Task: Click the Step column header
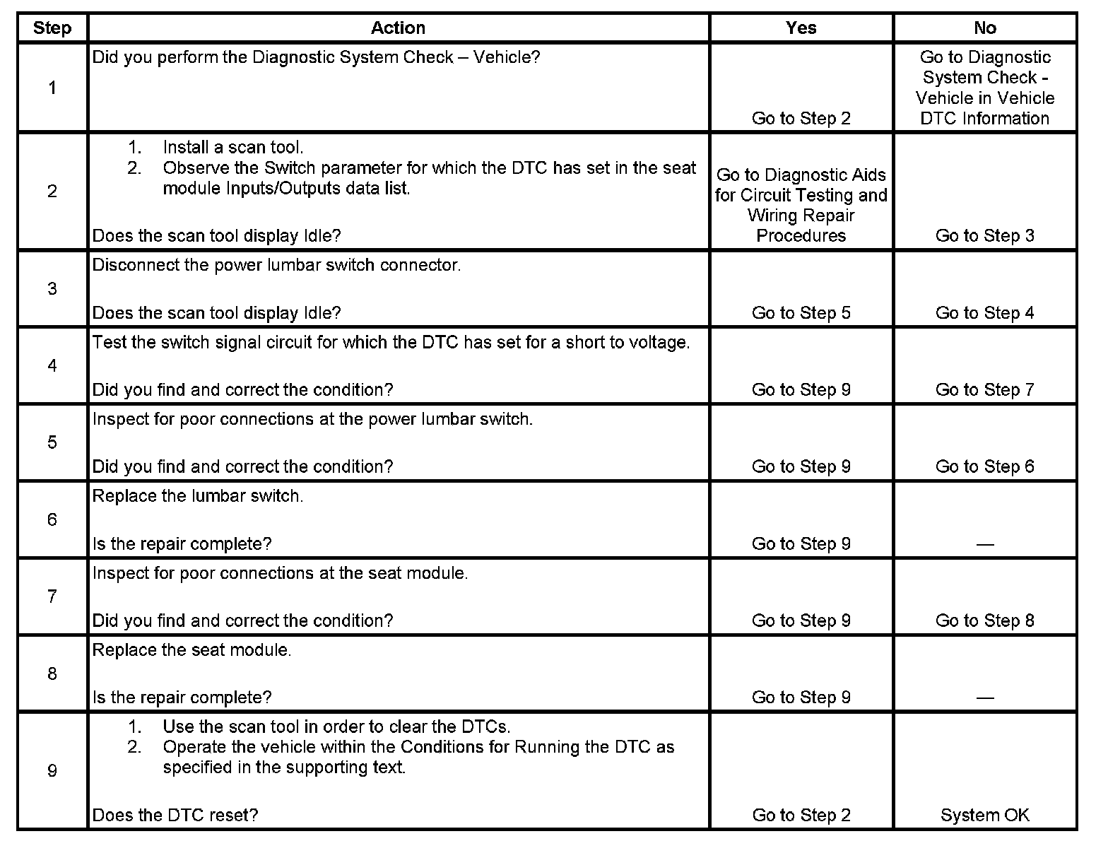(52, 28)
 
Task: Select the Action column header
(398, 28)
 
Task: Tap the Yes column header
(801, 28)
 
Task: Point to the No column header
(984, 28)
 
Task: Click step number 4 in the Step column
(52, 365)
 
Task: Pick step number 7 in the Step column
(52, 596)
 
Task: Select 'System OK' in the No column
(984, 815)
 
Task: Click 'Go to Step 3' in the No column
(984, 235)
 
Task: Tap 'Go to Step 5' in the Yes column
(801, 312)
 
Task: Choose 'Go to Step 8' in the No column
(984, 621)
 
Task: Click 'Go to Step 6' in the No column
(984, 466)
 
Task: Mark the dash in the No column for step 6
(984, 544)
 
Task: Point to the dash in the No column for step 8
(984, 698)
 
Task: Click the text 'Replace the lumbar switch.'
(198, 496)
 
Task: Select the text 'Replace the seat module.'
(191, 650)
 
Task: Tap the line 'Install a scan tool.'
(232, 148)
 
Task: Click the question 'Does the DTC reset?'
(175, 815)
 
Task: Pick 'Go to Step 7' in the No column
(984, 389)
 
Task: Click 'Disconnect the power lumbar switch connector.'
(276, 265)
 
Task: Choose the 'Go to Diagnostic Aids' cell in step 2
(801, 205)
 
